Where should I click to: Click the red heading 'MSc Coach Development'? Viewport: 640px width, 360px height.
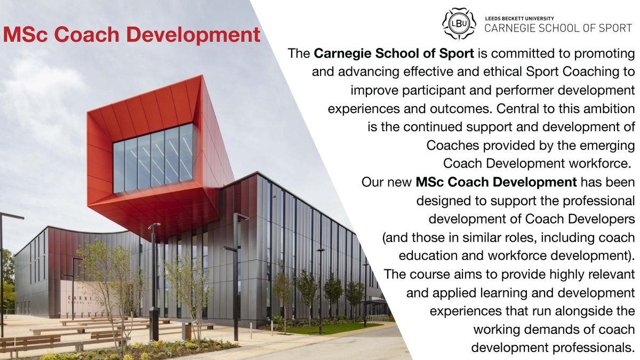coord(131,36)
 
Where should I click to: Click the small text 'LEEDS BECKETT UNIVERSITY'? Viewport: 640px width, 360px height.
coord(516,18)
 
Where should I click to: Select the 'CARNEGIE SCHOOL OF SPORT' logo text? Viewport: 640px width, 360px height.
coord(558,29)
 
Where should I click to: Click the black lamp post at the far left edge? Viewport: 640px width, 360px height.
coord(3,267)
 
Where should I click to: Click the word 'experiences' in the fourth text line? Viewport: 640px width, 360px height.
coord(360,109)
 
